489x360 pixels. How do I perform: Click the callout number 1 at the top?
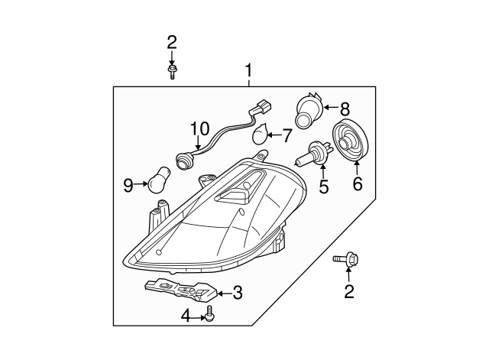point(248,71)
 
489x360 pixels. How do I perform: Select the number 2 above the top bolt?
point(172,42)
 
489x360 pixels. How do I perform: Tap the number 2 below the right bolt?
point(350,290)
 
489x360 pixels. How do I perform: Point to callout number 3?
point(238,291)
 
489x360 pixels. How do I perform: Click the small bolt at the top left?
point(171,71)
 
